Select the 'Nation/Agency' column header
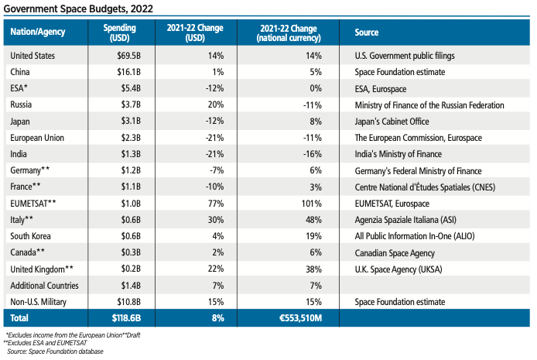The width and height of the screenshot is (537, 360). (38, 33)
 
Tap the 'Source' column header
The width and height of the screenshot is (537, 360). (367, 33)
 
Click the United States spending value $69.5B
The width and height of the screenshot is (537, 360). (124, 56)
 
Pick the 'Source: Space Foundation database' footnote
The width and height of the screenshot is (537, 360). (55, 351)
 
